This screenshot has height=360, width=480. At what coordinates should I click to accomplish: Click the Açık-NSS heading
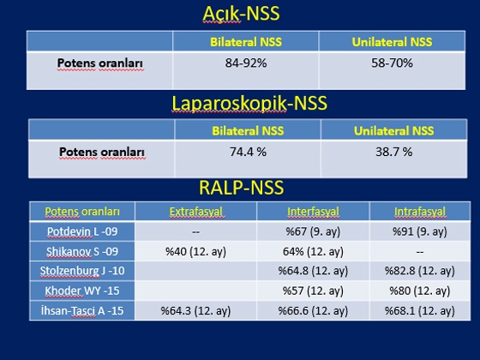[241, 14]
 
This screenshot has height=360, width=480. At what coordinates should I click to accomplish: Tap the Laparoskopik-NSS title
[249, 103]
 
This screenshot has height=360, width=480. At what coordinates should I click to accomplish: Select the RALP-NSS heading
[241, 188]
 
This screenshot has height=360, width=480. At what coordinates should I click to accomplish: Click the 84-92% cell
[246, 63]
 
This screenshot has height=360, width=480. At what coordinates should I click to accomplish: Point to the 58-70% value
[393, 63]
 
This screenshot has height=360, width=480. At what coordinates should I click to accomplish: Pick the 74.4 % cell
[248, 152]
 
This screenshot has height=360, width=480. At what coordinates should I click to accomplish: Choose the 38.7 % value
[394, 152]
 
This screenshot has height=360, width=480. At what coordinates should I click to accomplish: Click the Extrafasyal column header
[196, 212]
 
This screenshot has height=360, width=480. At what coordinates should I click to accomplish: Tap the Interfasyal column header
[313, 212]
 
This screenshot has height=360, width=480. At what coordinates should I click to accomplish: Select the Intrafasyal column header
[420, 212]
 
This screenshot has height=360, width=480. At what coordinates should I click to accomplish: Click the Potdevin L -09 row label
[82, 231]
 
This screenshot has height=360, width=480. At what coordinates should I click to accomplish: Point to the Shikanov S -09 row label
[82, 251]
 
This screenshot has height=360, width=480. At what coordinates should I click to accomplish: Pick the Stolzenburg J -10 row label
[82, 271]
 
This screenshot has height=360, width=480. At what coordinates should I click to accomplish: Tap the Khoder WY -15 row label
[82, 291]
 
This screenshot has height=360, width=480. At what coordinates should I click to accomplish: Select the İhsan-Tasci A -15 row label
[82, 310]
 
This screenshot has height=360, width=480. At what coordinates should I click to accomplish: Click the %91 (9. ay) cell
[420, 231]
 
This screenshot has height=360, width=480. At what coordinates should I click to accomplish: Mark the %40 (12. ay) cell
[196, 252]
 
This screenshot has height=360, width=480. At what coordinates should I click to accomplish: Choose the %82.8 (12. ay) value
[420, 271]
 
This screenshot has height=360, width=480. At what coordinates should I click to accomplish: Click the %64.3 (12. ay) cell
[196, 311]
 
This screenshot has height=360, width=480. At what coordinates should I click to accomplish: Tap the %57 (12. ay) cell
[313, 291]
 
